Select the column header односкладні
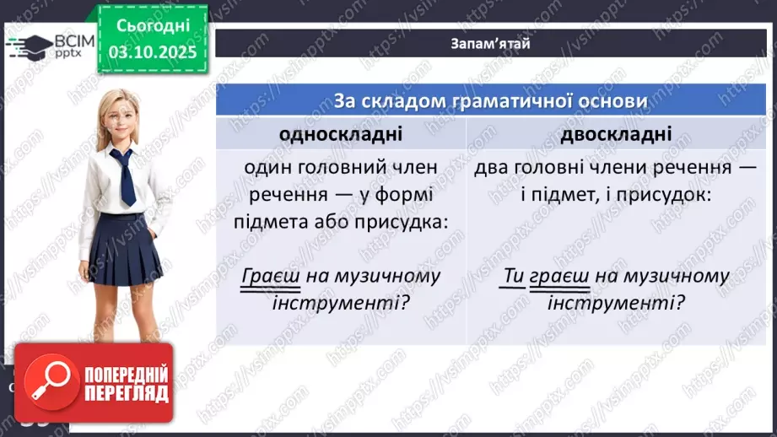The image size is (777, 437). [x=342, y=134]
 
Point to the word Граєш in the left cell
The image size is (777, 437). [x=265, y=276]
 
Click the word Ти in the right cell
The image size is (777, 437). [x=515, y=276]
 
